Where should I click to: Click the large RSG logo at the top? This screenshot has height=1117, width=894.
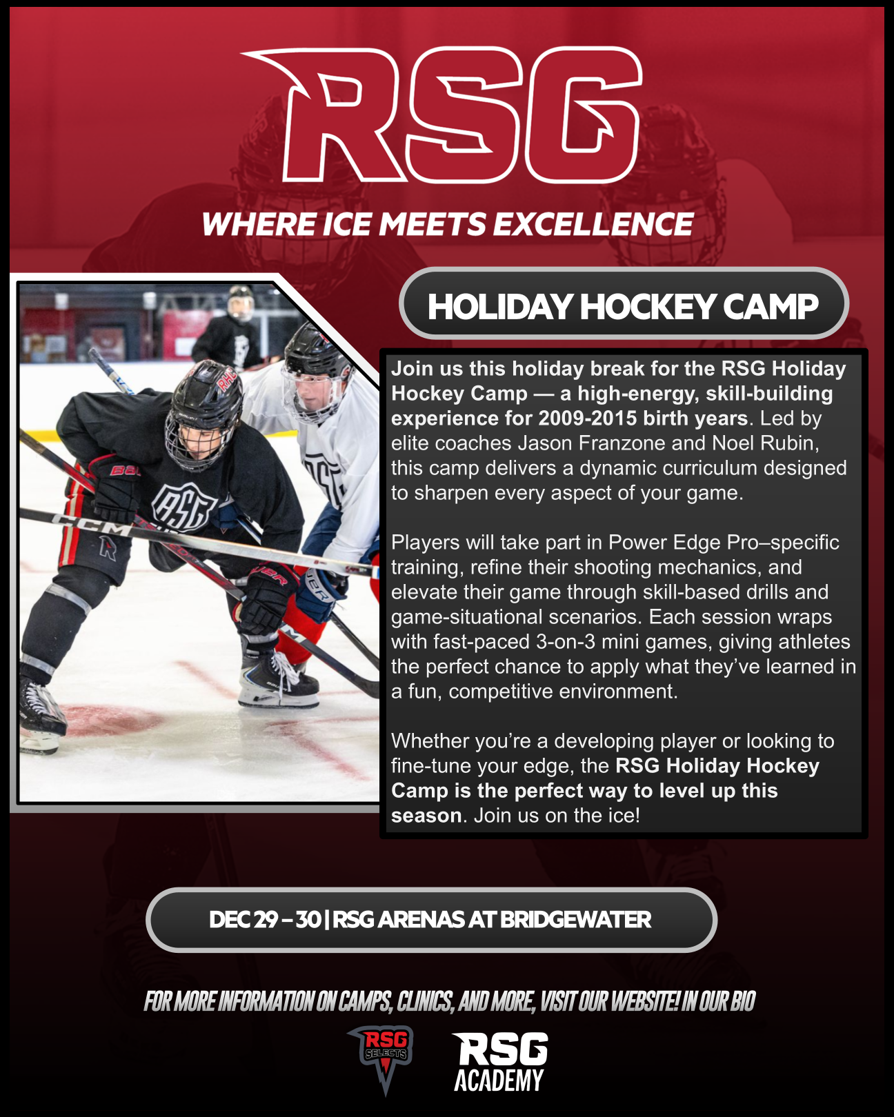(x=441, y=115)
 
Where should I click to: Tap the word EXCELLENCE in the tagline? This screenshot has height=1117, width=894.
(x=593, y=225)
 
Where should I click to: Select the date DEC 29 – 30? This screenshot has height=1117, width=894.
(x=265, y=920)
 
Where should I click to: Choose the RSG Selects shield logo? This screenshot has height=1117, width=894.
(x=385, y=1056)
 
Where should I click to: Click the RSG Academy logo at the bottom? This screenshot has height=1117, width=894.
(x=499, y=1061)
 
